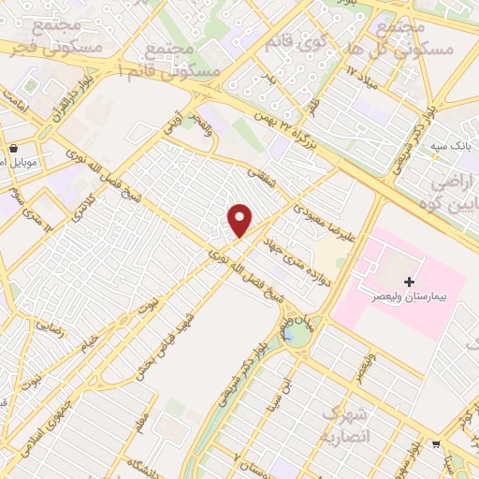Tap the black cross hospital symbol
(408, 282)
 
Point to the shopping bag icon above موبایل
(14, 148)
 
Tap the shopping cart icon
(437, 445)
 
